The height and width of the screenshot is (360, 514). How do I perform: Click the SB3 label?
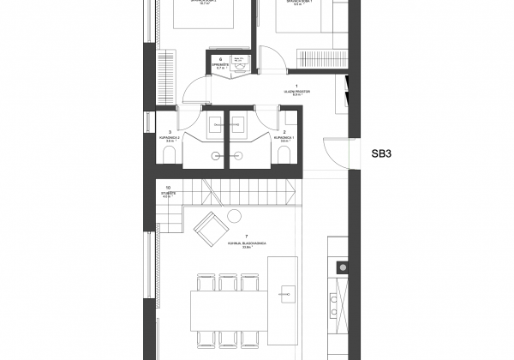click(x=381, y=155)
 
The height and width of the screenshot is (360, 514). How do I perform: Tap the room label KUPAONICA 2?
click(x=170, y=138)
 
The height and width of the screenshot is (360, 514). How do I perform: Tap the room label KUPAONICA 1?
click(x=284, y=138)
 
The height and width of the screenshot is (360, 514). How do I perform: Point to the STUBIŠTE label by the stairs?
click(x=168, y=193)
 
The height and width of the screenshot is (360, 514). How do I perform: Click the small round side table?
click(x=232, y=216)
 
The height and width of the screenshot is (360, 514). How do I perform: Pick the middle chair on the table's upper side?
click(x=228, y=283)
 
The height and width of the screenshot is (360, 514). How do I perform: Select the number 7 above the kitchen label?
click(x=247, y=235)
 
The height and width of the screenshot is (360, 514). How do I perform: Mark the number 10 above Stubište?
click(x=168, y=186)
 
